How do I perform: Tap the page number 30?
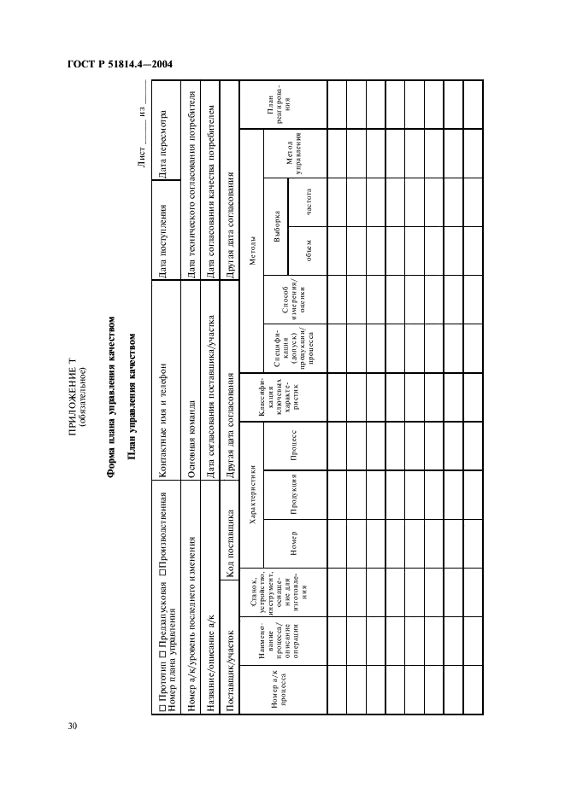click(x=73, y=726)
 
